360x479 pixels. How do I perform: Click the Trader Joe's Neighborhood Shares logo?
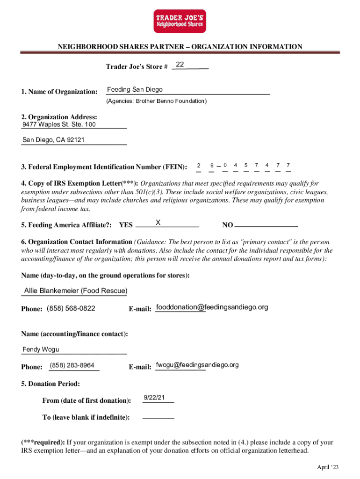[180, 22]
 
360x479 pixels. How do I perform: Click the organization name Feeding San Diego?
[135, 90]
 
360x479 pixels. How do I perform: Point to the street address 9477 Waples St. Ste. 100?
[59, 124]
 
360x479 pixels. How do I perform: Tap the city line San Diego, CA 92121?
[53, 140]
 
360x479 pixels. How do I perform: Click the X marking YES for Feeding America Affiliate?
[158, 223]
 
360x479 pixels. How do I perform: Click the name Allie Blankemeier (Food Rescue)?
[75, 291]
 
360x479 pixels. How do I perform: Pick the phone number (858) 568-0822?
[71, 308]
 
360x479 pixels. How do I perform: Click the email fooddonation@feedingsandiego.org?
[212, 307]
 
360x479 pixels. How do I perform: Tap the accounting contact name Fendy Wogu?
[41, 349]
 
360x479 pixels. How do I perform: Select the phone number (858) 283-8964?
[72, 365]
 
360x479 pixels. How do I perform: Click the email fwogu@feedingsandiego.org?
[197, 365]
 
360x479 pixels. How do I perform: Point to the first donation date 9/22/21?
[154, 398]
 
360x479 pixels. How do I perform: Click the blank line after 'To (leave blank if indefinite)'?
[158, 417]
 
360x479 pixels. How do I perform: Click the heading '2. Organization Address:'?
[59, 117]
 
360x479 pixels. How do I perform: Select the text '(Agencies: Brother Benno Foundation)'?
[156, 101]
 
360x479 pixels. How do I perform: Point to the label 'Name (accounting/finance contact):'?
[74, 334]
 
